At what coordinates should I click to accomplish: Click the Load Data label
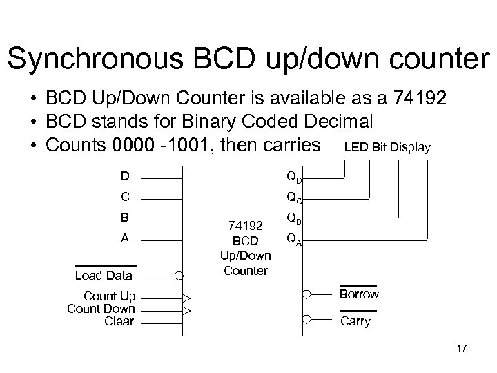click(104, 276)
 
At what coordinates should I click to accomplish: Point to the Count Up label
click(109, 297)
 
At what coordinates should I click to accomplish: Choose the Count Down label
click(101, 309)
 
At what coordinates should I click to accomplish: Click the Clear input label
click(119, 321)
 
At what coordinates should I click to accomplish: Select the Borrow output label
click(359, 294)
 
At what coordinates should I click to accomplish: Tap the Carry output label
click(355, 321)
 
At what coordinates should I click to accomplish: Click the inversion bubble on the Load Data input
click(179, 275)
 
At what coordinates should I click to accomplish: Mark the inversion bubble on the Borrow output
click(307, 294)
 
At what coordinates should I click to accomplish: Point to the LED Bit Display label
click(387, 147)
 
